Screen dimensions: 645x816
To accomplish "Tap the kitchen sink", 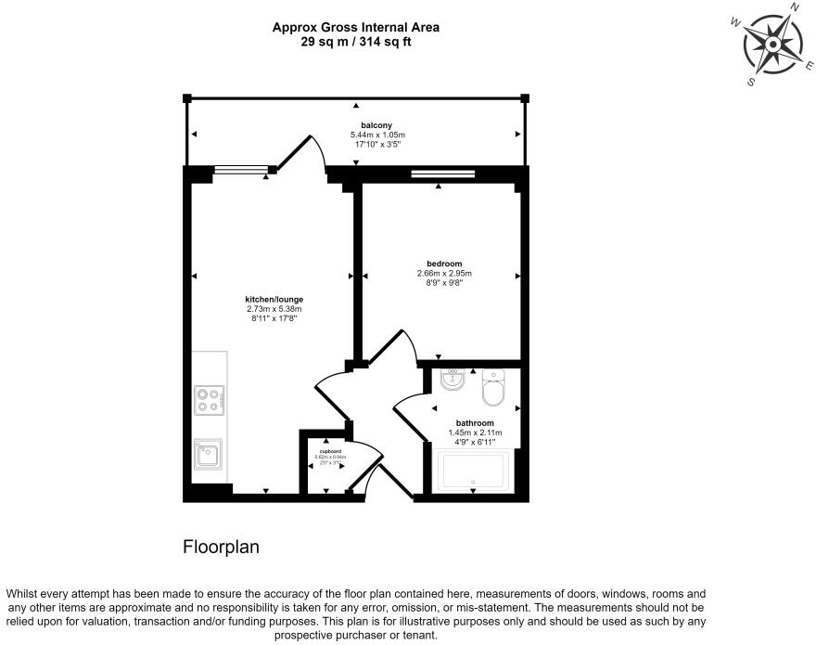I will [208, 454].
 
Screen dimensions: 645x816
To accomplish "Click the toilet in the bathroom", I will [492, 391].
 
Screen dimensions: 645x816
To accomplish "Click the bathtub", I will [473, 471].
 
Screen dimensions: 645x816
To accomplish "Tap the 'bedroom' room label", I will [444, 264].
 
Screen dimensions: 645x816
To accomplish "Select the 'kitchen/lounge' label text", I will [274, 299].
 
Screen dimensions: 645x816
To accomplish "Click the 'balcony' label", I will [376, 125].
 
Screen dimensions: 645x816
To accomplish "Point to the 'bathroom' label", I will [475, 422].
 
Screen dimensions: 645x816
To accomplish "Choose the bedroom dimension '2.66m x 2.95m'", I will [444, 274].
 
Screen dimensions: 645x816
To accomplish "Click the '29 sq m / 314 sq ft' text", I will [355, 42].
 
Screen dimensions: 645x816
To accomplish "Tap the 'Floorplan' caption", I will [221, 548].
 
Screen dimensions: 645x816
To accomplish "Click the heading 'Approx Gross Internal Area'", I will [355, 28].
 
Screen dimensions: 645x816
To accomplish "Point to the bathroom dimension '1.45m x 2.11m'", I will [475, 432].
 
